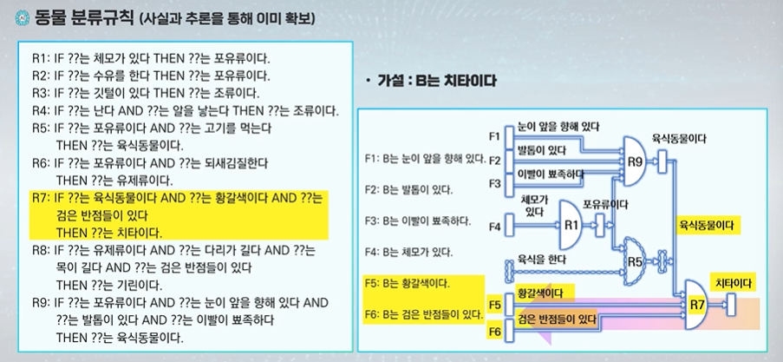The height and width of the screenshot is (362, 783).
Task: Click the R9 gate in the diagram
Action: pos(635,161)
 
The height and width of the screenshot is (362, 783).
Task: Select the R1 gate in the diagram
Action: pos(571,224)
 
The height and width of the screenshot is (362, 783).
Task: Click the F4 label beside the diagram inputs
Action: pos(494,227)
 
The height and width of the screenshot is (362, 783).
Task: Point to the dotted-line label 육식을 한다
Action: pos(539,259)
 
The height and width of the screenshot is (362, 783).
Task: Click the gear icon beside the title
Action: pos(10,16)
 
